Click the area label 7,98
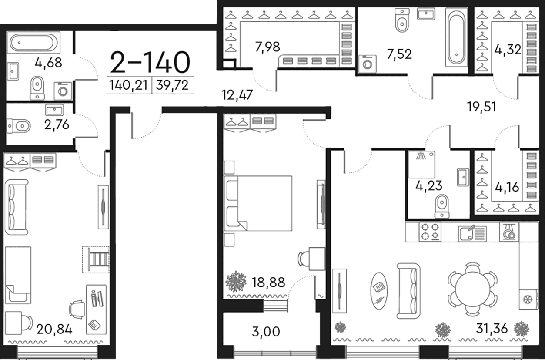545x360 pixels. click(267, 47)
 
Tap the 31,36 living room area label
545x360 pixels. click(492, 328)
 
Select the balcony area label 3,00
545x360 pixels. click(266, 332)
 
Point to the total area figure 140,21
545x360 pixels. click(128, 85)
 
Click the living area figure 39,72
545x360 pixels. click(172, 85)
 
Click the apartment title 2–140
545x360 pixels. click(150, 62)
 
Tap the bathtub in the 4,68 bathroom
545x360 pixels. click(33, 43)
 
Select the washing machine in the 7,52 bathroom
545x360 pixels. click(368, 64)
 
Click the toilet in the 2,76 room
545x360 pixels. click(18, 126)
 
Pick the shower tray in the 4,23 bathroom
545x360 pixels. click(421, 165)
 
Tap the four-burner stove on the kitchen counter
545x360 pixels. click(430, 232)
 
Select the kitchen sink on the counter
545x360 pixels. click(472, 233)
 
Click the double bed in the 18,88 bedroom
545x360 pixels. click(258, 203)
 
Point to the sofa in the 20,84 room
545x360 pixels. click(17, 207)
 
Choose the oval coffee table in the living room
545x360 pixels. click(379, 291)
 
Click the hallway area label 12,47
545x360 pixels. click(237, 95)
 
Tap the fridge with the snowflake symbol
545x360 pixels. click(528, 299)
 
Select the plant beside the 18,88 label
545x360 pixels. click(235, 281)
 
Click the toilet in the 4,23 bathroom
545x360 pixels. click(442, 206)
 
